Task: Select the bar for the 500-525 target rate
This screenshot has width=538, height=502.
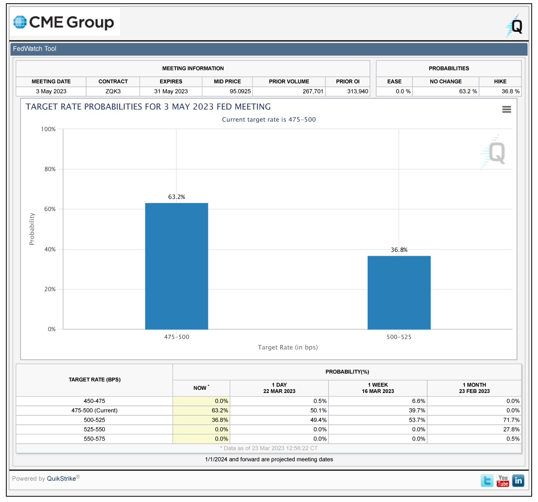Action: tap(399, 292)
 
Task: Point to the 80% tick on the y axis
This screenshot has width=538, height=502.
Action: tap(50, 169)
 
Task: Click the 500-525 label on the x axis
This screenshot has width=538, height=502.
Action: tap(399, 337)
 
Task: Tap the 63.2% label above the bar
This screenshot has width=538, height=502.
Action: tap(176, 196)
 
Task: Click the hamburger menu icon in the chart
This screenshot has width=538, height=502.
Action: tap(506, 109)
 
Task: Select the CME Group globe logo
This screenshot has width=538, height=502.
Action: tap(20, 22)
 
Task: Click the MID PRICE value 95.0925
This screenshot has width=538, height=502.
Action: tap(240, 92)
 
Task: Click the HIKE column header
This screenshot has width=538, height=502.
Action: tap(500, 81)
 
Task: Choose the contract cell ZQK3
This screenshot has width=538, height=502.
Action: tap(113, 92)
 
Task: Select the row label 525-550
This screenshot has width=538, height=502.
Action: tap(94, 429)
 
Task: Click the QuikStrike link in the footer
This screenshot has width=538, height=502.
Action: tap(61, 478)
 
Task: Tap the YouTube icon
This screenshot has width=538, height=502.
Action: tap(503, 481)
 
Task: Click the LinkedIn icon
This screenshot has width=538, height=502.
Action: tap(518, 481)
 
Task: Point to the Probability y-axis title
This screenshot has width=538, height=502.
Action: tap(32, 229)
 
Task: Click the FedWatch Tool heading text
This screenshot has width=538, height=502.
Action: tap(35, 48)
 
